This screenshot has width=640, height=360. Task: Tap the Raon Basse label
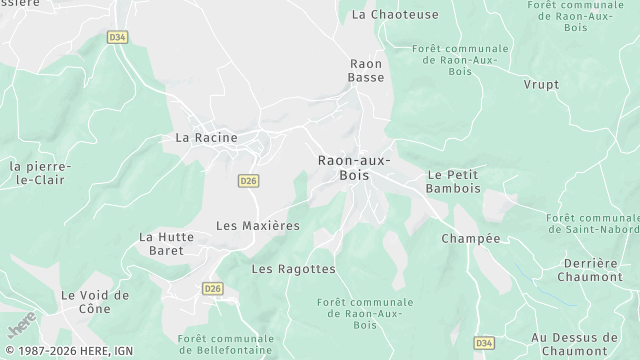coord(366,70)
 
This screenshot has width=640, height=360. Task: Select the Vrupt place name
coord(541,85)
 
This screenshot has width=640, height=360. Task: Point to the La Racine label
coord(206,137)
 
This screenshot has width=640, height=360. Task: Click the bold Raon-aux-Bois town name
coord(354,167)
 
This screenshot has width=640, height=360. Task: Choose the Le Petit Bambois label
coord(453,181)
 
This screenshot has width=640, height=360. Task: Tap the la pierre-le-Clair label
coord(40,173)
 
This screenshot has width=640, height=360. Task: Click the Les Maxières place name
coord(258,226)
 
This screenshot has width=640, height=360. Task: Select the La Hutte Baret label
coord(161,244)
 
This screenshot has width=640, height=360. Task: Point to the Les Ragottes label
coord(293,269)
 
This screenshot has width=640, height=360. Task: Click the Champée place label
coord(470,239)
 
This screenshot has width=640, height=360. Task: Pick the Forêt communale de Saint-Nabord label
coord(593,225)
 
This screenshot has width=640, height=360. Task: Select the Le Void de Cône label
coord(95,302)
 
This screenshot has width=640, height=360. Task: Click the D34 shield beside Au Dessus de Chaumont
coord(484,343)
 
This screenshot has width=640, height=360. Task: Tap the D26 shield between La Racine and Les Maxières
coord(249,181)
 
